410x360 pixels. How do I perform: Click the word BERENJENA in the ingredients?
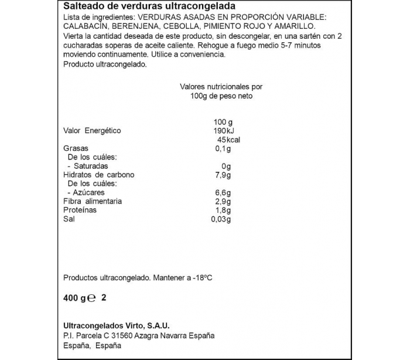pyautogui.click(x=131, y=26)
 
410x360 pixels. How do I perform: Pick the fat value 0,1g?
pyautogui.click(x=223, y=148)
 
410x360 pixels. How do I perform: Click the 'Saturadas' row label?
pyautogui.click(x=87, y=166)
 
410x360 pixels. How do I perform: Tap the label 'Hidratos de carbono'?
pyautogui.click(x=98, y=175)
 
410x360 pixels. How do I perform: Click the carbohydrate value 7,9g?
pyautogui.click(x=223, y=175)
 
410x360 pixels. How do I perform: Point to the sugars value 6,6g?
pyautogui.click(x=223, y=192)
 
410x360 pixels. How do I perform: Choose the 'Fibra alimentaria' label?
pyautogui.click(x=92, y=201)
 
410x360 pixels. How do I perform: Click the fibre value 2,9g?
pyautogui.click(x=223, y=201)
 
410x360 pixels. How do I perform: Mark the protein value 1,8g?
pyautogui.click(x=223, y=210)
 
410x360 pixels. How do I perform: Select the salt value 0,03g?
pyautogui.click(x=221, y=219)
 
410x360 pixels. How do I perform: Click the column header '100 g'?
pyautogui.click(x=223, y=122)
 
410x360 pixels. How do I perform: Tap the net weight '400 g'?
pyautogui.click(x=73, y=298)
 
